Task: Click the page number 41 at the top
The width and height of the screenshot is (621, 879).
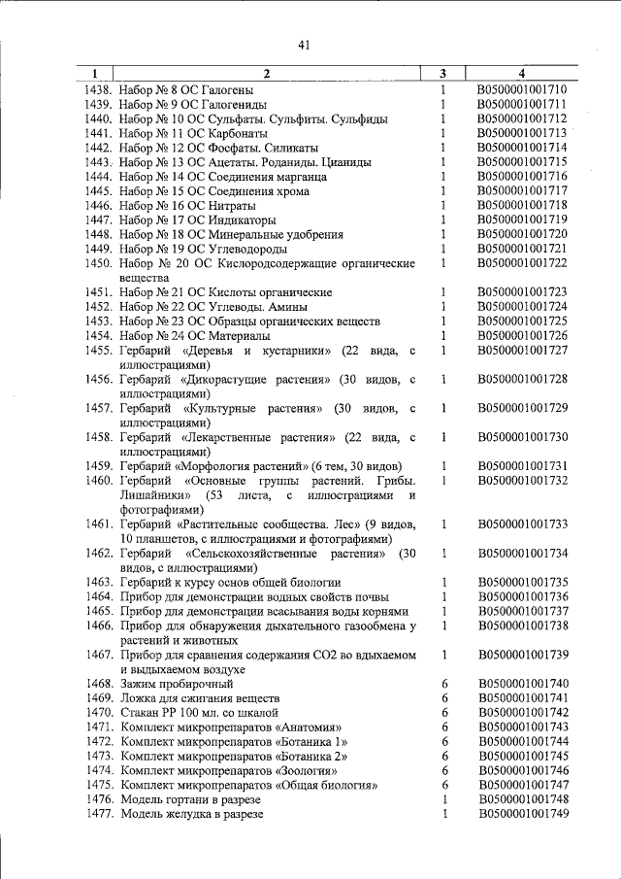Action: pyautogui.click(x=304, y=44)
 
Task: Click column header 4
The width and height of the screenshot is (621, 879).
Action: pyautogui.click(x=522, y=74)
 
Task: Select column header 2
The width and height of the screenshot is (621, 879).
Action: pyautogui.click(x=267, y=74)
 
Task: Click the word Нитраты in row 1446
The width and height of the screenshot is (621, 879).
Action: pyautogui.click(x=230, y=206)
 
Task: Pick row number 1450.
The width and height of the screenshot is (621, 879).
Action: pyautogui.click(x=98, y=263)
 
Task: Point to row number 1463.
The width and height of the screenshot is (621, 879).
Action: pyautogui.click(x=98, y=583)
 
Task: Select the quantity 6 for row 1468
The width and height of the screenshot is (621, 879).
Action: pyautogui.click(x=443, y=684)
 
